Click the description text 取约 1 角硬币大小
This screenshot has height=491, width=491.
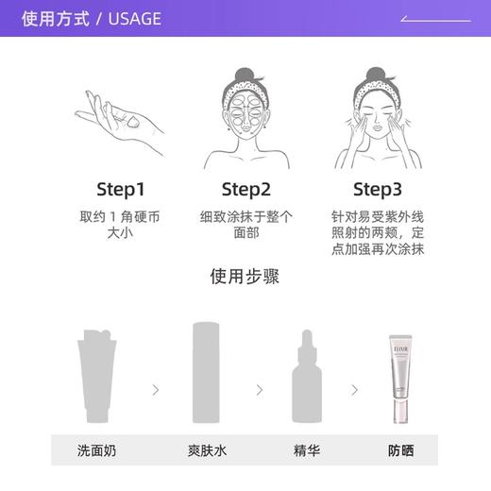[120, 224]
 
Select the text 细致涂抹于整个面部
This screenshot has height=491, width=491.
[246, 224]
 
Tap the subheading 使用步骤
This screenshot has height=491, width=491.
[245, 277]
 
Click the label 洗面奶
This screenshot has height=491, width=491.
[98, 450]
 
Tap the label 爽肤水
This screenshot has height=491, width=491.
[207, 450]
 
